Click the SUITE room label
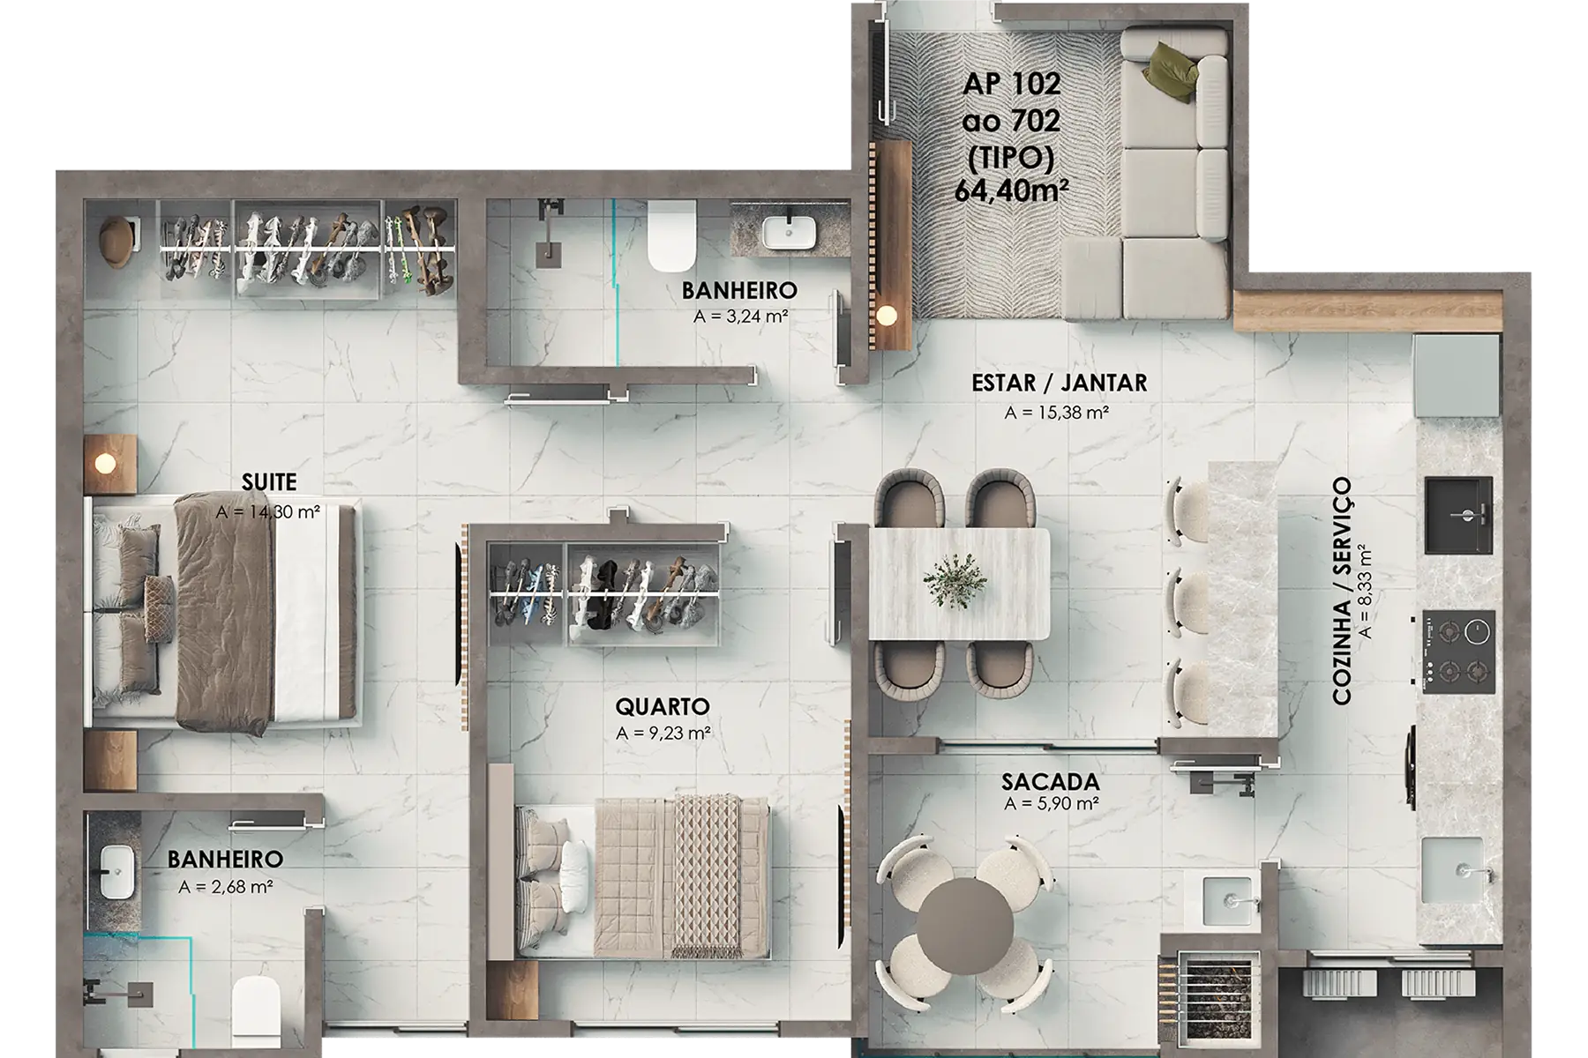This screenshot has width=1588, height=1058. coord(269,482)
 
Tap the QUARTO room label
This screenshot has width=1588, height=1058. coord(663,706)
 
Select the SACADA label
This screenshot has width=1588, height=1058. coord(1051,782)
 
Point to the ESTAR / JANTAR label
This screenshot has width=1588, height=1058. coord(1059,384)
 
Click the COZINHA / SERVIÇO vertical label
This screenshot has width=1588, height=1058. coord(1342,591)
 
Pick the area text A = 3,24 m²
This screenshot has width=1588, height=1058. coord(740,316)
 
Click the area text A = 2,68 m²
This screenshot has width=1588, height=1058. coord(225,886)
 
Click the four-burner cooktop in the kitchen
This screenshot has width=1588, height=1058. coord(1458,651)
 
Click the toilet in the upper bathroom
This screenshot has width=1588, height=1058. coord(671,235)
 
